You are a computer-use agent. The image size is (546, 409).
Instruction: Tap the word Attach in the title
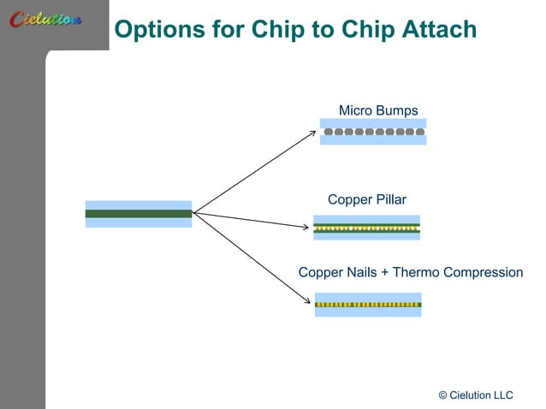(x=439, y=30)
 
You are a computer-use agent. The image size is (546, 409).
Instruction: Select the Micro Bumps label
(x=378, y=110)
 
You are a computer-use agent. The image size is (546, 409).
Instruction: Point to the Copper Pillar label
(x=367, y=200)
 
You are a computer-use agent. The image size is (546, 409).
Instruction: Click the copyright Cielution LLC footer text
(x=475, y=394)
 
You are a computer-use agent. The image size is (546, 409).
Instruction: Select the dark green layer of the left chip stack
(x=138, y=214)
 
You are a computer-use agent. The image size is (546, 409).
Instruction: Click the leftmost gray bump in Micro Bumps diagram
(x=329, y=132)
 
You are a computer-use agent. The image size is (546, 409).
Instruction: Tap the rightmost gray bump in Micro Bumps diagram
(x=419, y=132)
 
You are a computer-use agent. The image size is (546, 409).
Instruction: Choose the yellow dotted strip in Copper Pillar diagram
(x=367, y=228)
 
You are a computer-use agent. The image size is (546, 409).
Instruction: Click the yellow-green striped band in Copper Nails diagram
(x=368, y=305)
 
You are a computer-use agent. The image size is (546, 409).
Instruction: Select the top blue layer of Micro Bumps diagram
(x=373, y=123)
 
